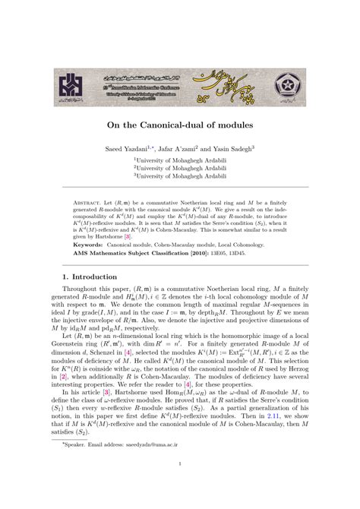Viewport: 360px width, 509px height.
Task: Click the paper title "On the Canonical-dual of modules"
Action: [x=179, y=124]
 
